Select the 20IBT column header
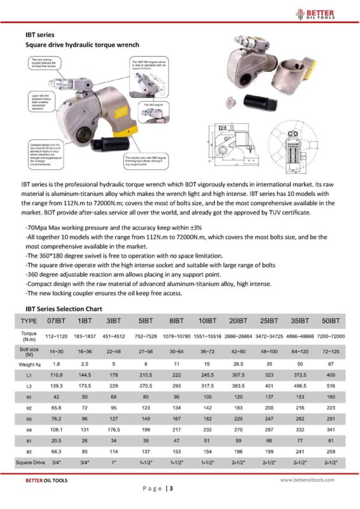click(x=238, y=320)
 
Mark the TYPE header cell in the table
click(x=29, y=320)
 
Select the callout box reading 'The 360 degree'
click(x=155, y=104)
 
